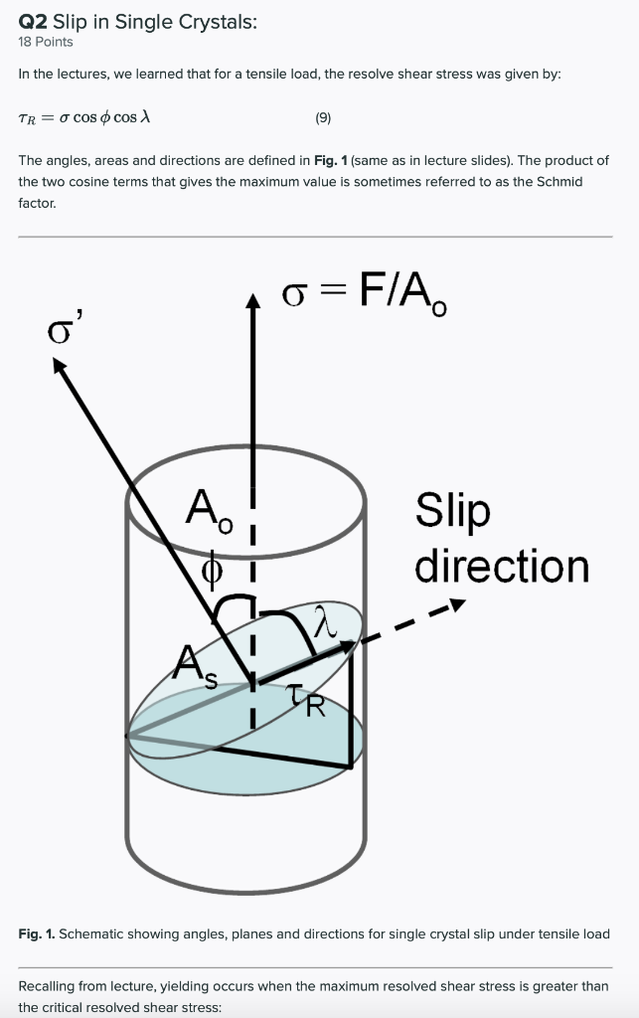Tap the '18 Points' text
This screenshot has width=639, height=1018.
46,42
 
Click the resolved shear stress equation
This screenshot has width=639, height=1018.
84,117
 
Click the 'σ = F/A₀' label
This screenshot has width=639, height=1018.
364,292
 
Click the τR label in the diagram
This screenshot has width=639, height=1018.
307,704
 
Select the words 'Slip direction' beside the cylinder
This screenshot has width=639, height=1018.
501,538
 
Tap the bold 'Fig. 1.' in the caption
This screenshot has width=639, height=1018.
36,933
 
